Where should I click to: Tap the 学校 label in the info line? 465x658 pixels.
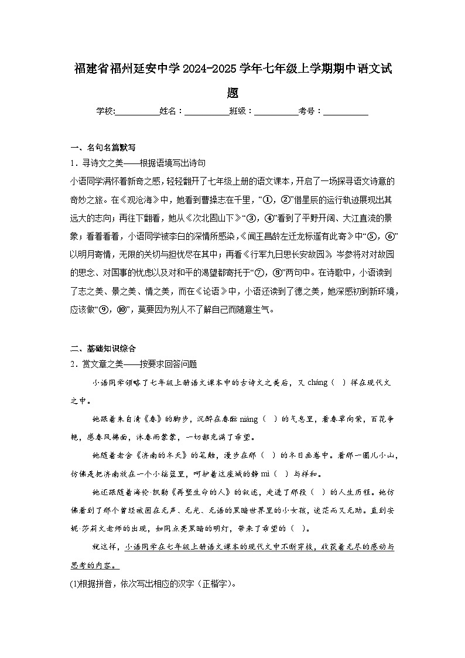point(105,111)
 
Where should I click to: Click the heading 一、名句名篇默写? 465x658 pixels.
point(102,147)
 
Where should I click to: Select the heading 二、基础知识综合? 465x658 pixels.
point(102,348)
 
